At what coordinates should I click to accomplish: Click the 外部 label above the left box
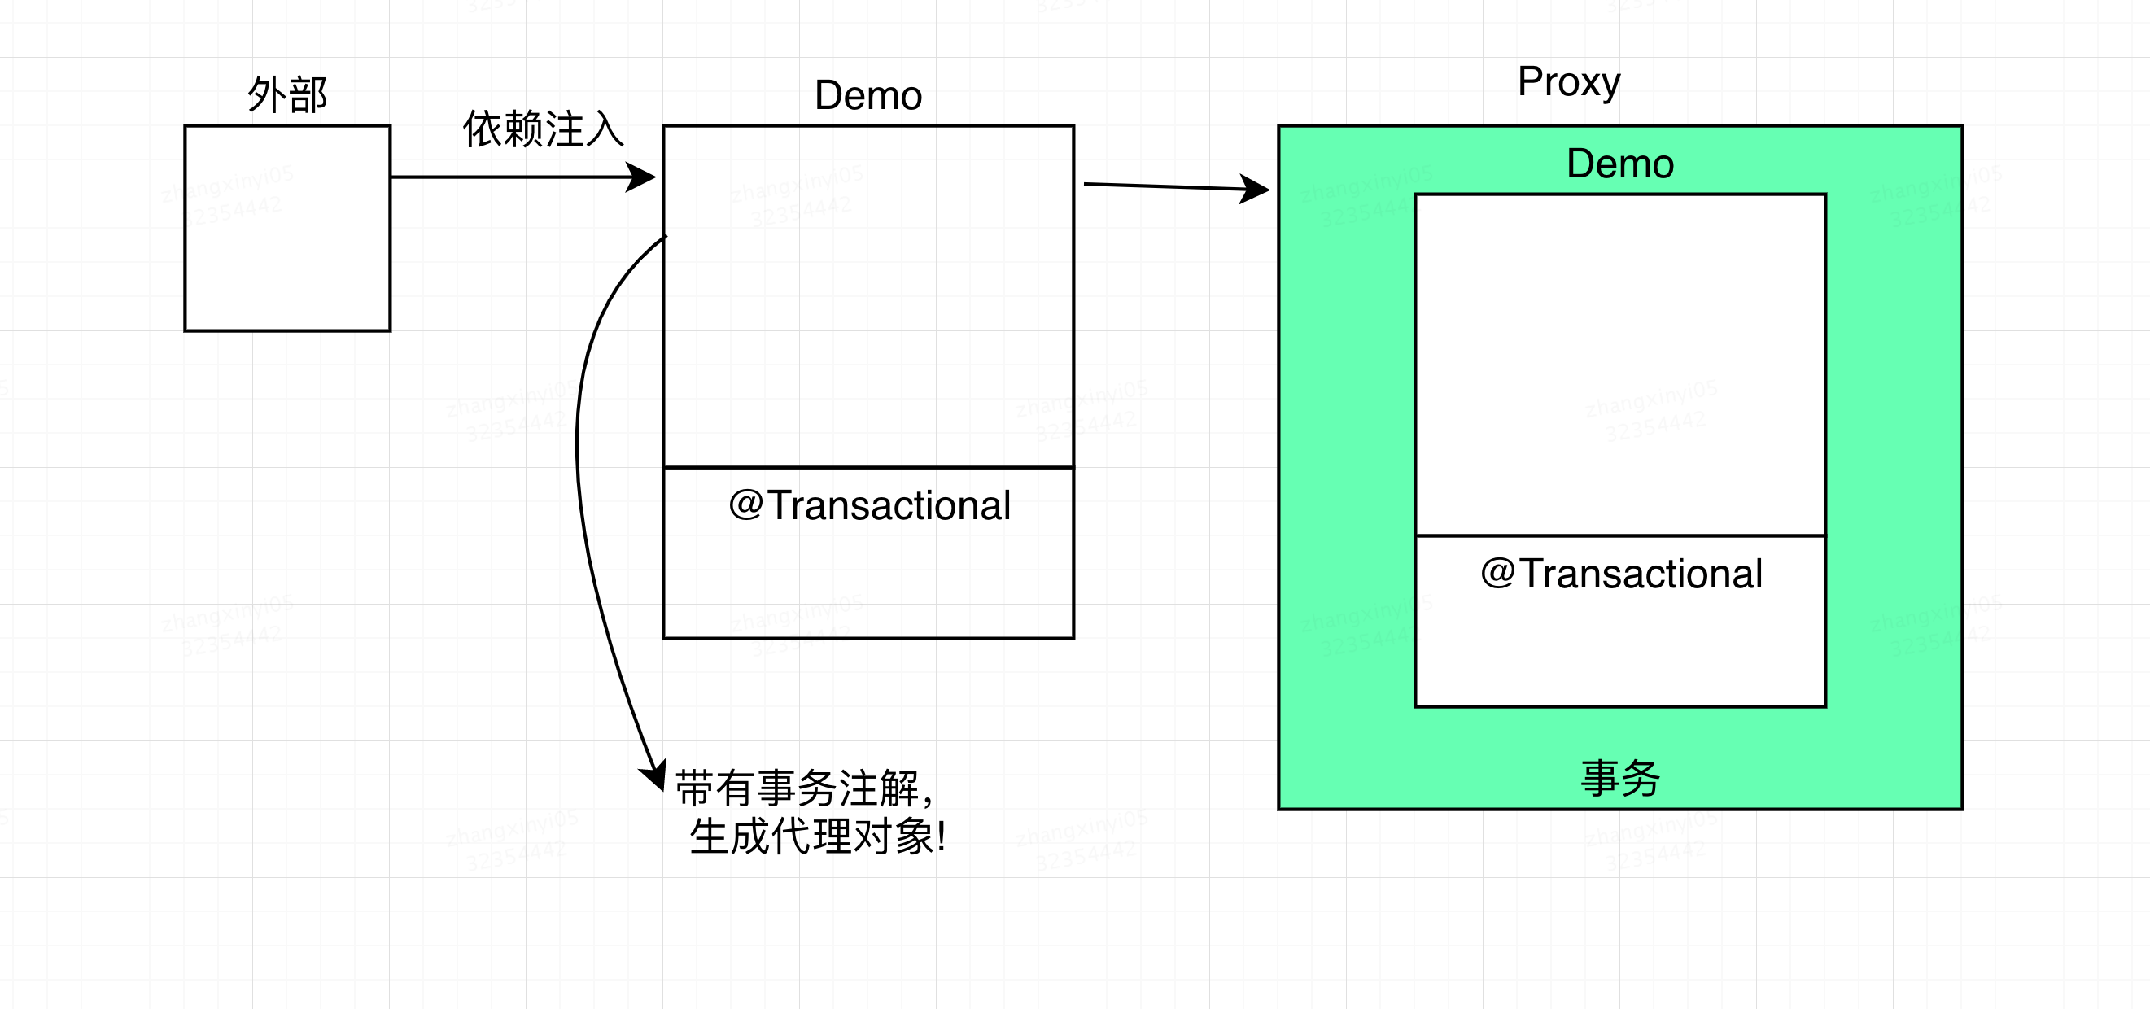pyautogui.click(x=287, y=94)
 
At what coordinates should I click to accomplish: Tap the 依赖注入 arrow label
pyautogui.click(x=544, y=129)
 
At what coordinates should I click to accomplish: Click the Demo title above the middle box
pyautogui.click(x=868, y=95)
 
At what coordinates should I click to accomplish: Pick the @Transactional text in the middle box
pyautogui.click(x=869, y=505)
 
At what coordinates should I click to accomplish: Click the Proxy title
pyautogui.click(x=1568, y=82)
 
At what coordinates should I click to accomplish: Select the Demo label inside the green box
pyautogui.click(x=1620, y=164)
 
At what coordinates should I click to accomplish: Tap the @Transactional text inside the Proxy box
pyautogui.click(x=1621, y=574)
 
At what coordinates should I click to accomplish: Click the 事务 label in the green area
pyautogui.click(x=1620, y=778)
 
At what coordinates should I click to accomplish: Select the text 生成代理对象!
pyautogui.click(x=818, y=836)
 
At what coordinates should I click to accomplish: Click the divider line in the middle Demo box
pyautogui.click(x=868, y=467)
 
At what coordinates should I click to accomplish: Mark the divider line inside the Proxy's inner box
pyautogui.click(x=1620, y=535)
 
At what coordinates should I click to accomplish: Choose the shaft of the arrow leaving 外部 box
pyautogui.click(x=509, y=177)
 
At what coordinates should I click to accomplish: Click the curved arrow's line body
pyautogui.click(x=579, y=467)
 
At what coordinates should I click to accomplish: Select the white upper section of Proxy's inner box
pyautogui.click(x=1620, y=364)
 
